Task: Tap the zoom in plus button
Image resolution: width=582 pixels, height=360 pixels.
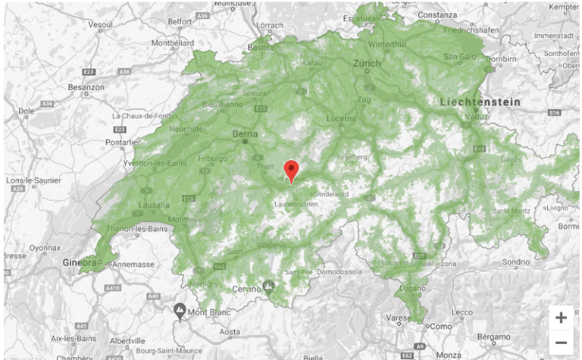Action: point(561,318)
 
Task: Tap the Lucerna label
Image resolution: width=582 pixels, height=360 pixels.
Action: point(341,119)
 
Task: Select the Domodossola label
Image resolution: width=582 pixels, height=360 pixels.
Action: point(336,271)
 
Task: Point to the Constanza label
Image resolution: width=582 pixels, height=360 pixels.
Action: point(436,14)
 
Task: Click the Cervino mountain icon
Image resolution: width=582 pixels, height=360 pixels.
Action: point(268,285)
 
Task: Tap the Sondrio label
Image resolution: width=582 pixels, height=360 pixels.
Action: point(515,261)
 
